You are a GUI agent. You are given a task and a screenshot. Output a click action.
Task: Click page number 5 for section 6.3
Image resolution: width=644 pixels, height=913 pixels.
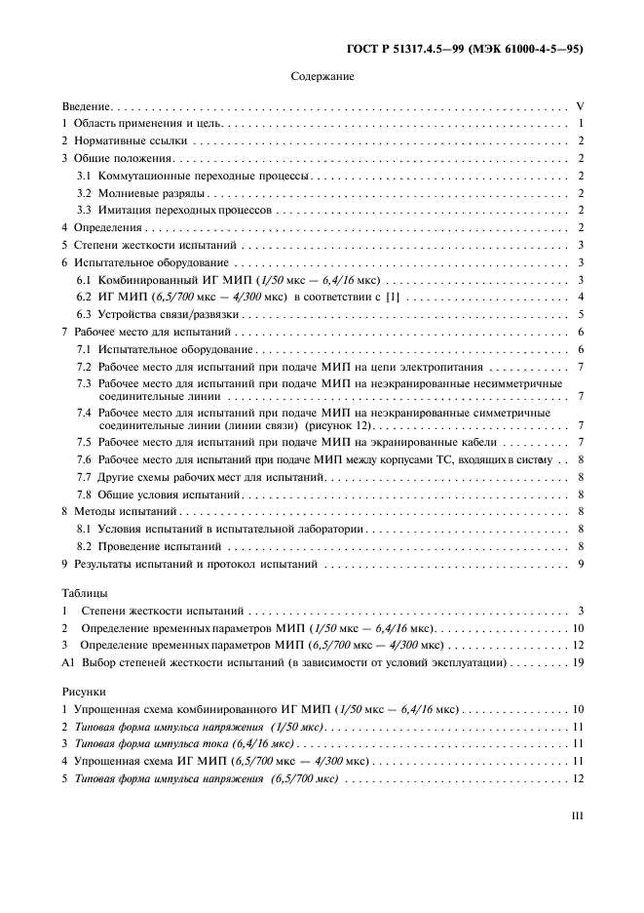pyautogui.click(x=580, y=314)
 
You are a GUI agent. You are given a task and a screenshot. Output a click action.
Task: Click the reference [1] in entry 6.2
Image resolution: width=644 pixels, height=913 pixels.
pyautogui.click(x=391, y=297)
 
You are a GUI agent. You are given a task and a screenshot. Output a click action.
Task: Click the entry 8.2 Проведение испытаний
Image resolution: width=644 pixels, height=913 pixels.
pyautogui.click(x=146, y=546)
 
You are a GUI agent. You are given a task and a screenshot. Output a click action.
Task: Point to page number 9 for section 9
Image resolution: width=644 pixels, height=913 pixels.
pyautogui.click(x=580, y=564)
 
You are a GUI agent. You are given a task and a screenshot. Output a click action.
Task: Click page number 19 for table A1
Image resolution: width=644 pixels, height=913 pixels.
pyautogui.click(x=577, y=661)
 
